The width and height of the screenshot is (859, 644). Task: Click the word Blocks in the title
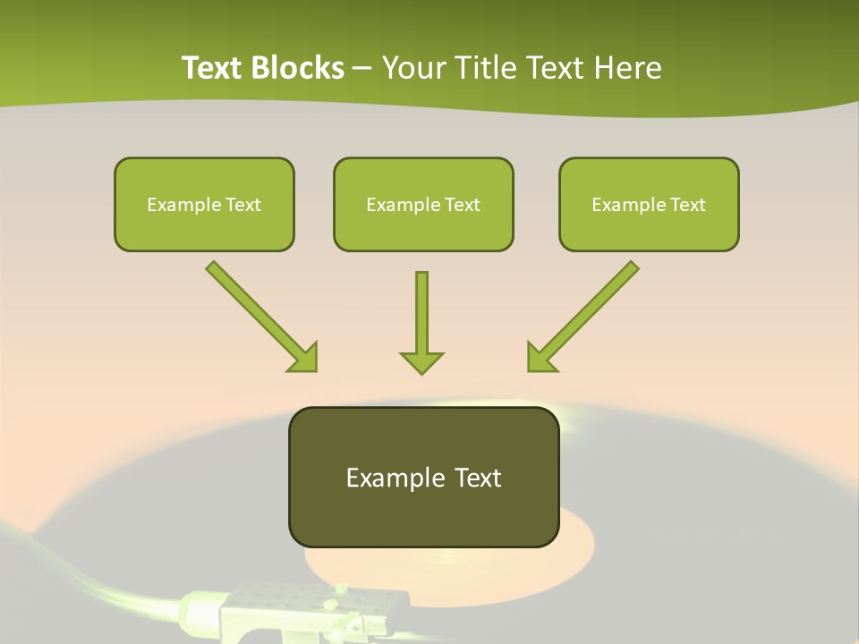pyautogui.click(x=299, y=68)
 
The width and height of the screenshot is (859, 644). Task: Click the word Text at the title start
pyautogui.click(x=214, y=68)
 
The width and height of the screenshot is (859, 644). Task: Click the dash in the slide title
pyautogui.click(x=362, y=68)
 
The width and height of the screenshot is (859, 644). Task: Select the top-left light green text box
pyautogui.click(x=204, y=204)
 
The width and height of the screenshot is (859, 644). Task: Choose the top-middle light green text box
pyautogui.click(x=423, y=204)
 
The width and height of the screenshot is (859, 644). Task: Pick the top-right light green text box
pyautogui.click(x=649, y=204)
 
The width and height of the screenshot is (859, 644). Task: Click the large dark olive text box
pyautogui.click(x=423, y=477)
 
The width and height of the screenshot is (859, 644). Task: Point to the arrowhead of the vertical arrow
pyautogui.click(x=421, y=362)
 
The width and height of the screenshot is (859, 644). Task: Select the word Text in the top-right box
pyautogui.click(x=687, y=205)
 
